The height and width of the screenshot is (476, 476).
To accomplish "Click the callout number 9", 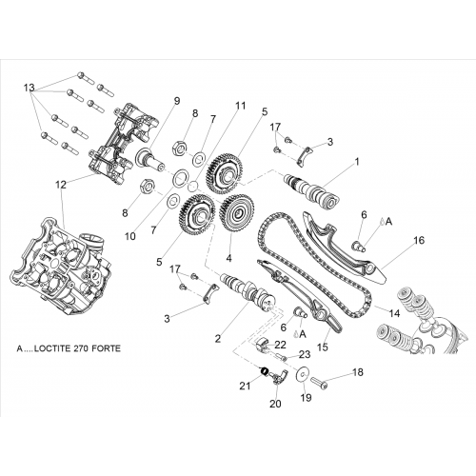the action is pyautogui.click(x=176, y=101).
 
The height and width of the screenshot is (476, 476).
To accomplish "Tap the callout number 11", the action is pyautogui.click(x=240, y=106).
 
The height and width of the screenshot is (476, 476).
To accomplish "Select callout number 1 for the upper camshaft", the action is pyautogui.click(x=357, y=162).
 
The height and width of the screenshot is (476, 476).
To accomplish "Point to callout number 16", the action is pyautogui.click(x=419, y=240).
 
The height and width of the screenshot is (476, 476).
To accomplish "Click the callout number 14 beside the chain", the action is pyautogui.click(x=394, y=313).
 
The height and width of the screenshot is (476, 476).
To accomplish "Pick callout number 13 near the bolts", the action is pyautogui.click(x=29, y=88).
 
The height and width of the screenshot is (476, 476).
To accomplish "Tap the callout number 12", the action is pyautogui.click(x=61, y=185).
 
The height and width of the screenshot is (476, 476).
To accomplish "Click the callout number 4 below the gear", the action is pyautogui.click(x=228, y=258).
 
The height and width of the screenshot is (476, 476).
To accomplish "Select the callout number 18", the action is pyautogui.click(x=358, y=372).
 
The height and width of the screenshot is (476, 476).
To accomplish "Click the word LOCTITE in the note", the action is pyautogui.click(x=53, y=348).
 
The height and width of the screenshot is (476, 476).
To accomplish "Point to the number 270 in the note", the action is pyautogui.click(x=81, y=348).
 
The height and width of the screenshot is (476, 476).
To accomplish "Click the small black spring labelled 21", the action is pyautogui.click(x=265, y=371).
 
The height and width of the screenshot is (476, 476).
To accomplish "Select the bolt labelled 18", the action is pyautogui.click(x=319, y=381).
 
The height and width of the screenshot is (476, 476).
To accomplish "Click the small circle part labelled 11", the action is pyautogui.click(x=192, y=186).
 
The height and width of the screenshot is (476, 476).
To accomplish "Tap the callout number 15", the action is pyautogui.click(x=322, y=347).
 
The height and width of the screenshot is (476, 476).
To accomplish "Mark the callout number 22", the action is pyautogui.click(x=280, y=345).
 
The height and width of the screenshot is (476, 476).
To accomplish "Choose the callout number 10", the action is pyautogui.click(x=130, y=236).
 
